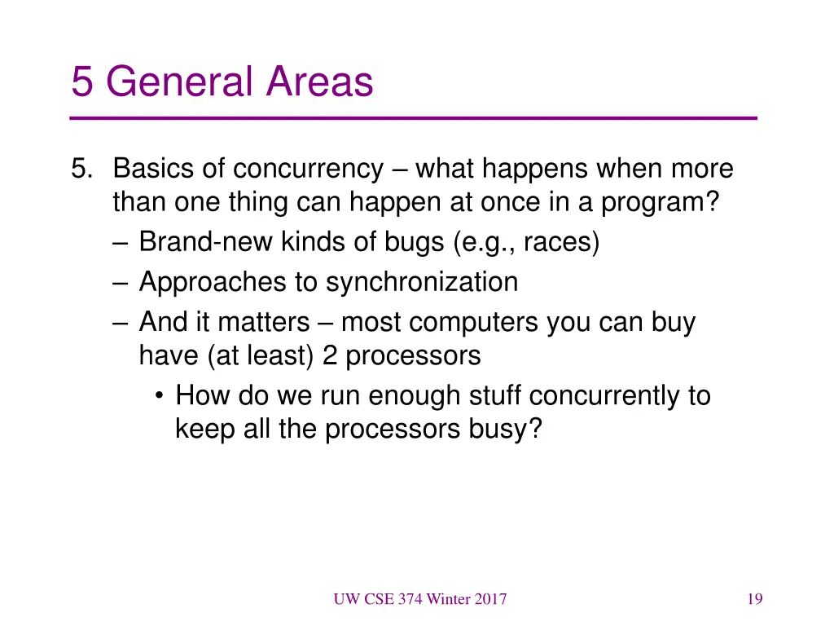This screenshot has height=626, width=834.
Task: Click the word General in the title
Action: (176, 82)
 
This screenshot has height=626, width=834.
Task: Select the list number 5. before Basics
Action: (83, 169)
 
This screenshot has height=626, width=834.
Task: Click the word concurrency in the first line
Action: (308, 169)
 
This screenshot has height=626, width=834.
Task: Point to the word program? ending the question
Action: (661, 201)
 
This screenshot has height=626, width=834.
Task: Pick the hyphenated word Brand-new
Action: (207, 242)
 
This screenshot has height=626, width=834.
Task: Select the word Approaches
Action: (213, 282)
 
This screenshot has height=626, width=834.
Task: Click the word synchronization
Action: (422, 282)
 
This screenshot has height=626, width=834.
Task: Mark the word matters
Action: (263, 323)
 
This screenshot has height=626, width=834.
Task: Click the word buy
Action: (673, 323)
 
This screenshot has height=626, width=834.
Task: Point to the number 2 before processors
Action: (330, 355)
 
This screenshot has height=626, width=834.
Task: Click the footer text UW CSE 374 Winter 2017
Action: (419, 600)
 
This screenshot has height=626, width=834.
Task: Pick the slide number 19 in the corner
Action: (754, 600)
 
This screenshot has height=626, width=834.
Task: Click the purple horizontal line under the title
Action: (414, 119)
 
